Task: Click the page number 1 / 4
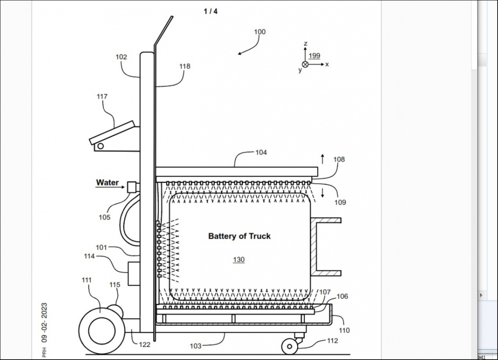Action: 210,11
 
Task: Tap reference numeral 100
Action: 260,32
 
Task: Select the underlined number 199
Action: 315,56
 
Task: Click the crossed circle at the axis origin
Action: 305,64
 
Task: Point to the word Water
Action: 107,182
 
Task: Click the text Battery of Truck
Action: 239,236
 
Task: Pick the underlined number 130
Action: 239,260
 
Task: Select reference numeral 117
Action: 102,96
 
